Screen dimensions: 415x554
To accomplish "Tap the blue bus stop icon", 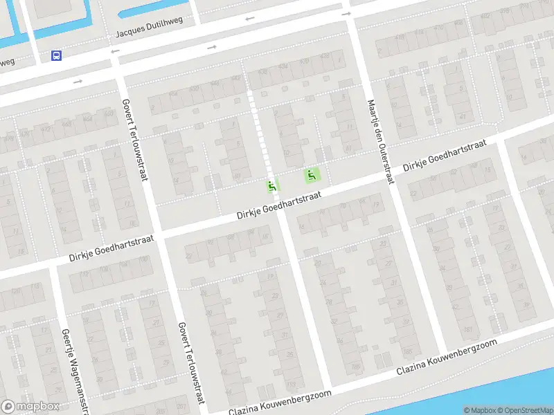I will (x=56, y=55).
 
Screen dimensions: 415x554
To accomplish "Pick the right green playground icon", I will (x=312, y=176).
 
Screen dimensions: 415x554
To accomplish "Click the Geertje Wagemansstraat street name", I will (x=75, y=369).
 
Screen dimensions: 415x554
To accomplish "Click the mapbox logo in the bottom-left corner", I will (x=29, y=407).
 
